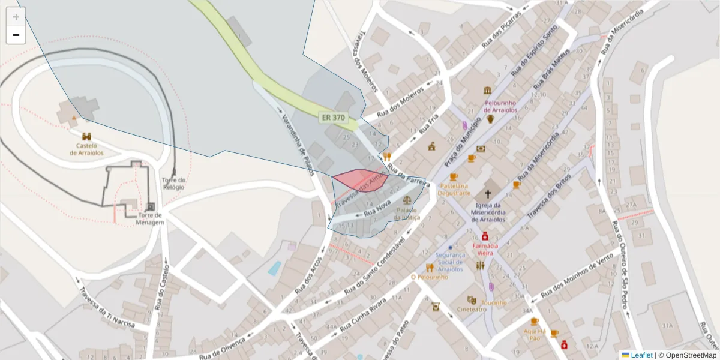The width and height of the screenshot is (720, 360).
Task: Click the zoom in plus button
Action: (16, 17)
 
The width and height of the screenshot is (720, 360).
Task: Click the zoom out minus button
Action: (16, 35)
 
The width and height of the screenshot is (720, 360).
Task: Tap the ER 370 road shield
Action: (333, 118)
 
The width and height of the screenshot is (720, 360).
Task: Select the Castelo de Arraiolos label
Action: (86, 149)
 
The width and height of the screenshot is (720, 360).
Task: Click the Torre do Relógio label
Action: (173, 184)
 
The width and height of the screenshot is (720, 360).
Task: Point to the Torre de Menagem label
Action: (150, 218)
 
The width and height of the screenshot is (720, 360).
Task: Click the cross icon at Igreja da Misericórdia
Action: (488, 194)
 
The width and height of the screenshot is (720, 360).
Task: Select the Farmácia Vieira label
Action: (485, 249)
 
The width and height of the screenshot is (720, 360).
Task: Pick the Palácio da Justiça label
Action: (406, 214)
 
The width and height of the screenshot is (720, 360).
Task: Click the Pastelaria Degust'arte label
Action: (454, 189)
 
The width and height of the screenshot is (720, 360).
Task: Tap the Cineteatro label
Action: (472, 310)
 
